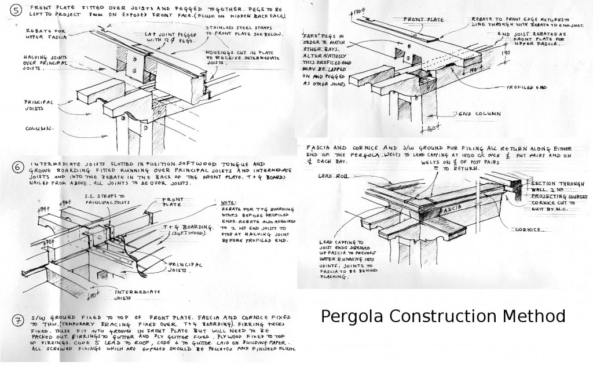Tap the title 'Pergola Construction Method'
click(442, 316)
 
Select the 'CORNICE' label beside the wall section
click(527, 230)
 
